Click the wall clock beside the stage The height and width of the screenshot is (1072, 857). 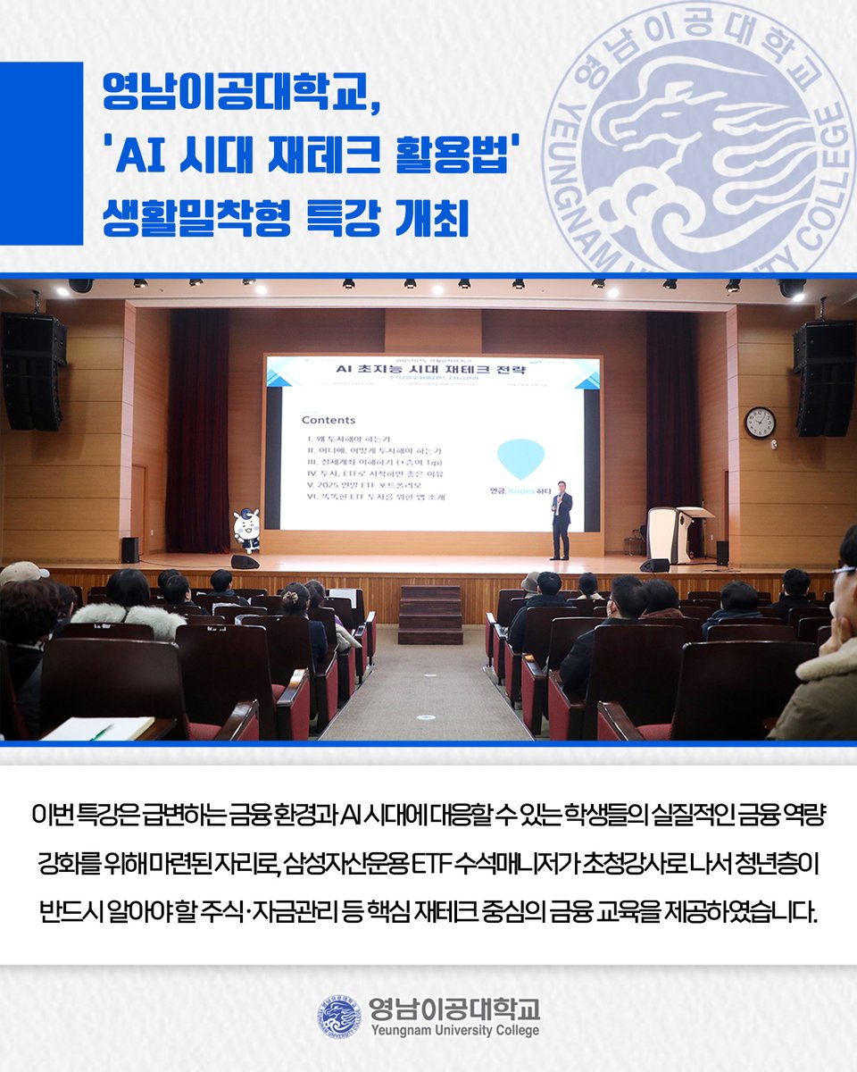pos(760,422)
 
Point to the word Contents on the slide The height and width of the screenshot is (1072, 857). pos(328,419)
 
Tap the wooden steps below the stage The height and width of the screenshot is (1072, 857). pos(430,614)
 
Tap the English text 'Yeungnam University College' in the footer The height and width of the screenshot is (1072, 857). pos(454,1030)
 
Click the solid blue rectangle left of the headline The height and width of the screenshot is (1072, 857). pos(41,154)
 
